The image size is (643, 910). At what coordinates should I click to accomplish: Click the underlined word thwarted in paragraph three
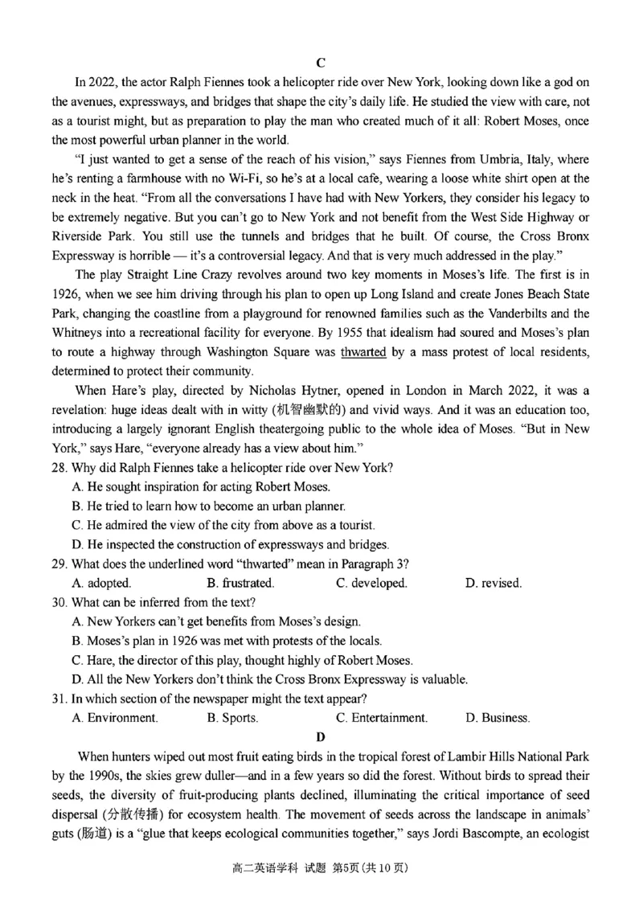(364, 351)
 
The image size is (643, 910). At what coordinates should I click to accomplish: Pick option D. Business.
(497, 717)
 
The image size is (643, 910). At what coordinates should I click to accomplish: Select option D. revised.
(493, 583)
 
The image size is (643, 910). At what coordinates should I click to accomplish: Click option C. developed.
(371, 583)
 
